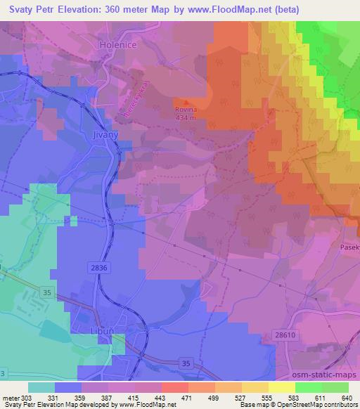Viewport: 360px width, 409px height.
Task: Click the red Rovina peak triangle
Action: pos(185,102)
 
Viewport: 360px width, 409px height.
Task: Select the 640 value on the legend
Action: pos(345,398)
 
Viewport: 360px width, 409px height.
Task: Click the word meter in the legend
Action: pos(13,398)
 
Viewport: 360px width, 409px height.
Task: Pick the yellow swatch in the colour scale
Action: pos(282,387)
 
